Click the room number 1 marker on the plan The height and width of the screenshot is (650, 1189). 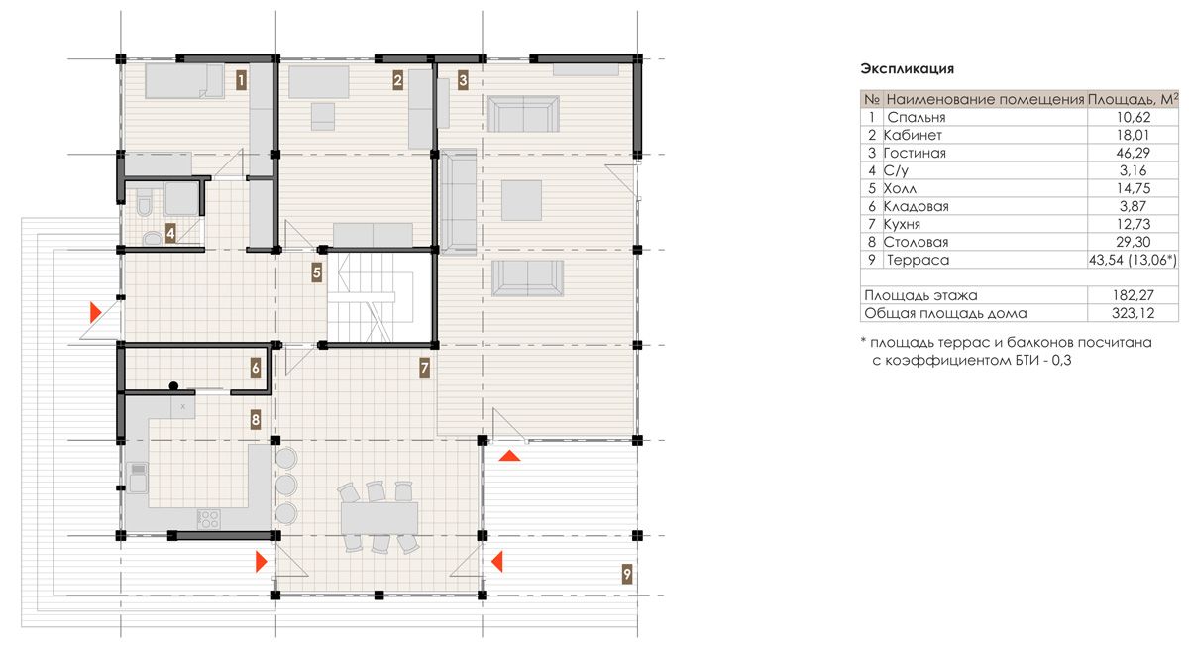pos(241,81)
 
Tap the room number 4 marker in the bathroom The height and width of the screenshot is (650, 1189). pos(170,234)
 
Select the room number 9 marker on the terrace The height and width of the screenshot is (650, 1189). pos(627,574)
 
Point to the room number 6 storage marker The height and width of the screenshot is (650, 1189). pos(256,368)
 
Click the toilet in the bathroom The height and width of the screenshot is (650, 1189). pos(144,204)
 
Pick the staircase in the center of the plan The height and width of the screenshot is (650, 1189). pos(378,297)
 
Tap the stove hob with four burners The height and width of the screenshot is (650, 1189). pos(209,519)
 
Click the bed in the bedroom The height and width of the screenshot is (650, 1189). pos(184,81)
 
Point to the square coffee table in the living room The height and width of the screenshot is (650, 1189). pos(521,200)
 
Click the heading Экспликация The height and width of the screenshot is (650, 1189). pos(908,69)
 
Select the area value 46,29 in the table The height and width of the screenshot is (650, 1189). pos(1133,153)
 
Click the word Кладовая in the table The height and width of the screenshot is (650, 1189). pos(917,206)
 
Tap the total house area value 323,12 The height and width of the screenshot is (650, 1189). pos(1134,313)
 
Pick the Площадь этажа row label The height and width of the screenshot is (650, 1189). pos(920,295)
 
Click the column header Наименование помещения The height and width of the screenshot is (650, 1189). pos(985,100)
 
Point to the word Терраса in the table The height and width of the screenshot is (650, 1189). pos(919,260)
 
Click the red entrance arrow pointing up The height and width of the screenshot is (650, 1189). pos(509,455)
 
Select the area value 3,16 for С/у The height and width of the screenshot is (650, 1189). pos(1133,170)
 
